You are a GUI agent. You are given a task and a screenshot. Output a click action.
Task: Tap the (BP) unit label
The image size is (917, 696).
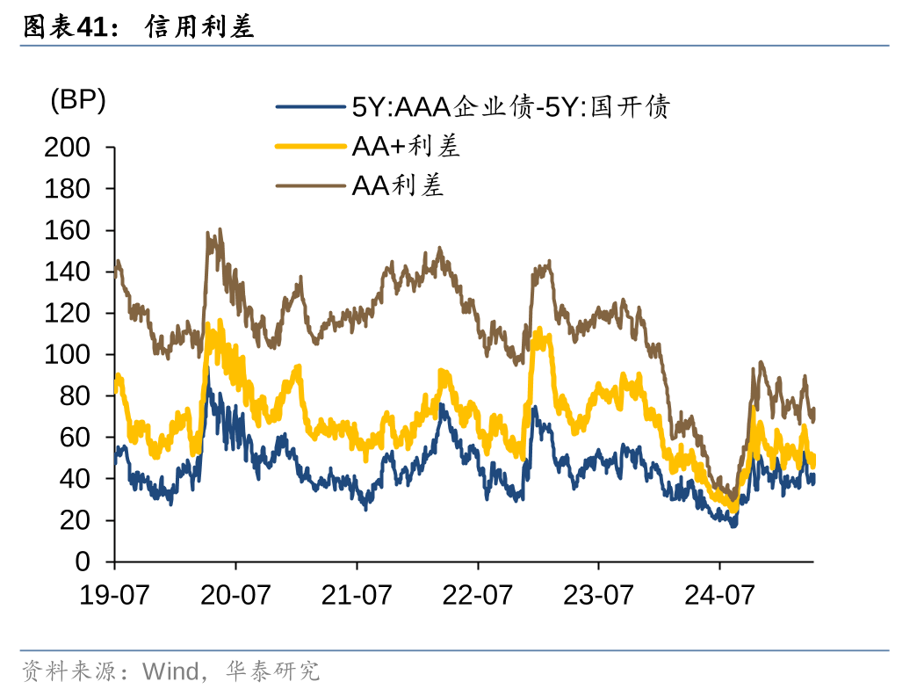[x=78, y=101]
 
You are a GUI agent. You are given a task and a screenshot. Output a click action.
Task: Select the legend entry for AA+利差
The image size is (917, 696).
[x=406, y=147]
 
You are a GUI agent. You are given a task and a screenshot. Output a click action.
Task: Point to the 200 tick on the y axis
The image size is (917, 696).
[x=68, y=148]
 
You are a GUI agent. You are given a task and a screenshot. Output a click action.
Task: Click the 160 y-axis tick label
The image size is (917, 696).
[x=68, y=230]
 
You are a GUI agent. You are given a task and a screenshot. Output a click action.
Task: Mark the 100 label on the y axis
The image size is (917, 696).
[x=68, y=355]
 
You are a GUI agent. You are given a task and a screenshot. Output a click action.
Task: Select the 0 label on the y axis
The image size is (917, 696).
[x=83, y=562]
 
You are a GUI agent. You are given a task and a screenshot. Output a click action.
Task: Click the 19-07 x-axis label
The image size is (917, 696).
[x=114, y=595]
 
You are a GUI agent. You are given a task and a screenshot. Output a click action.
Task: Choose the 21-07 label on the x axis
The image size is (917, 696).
[x=356, y=595]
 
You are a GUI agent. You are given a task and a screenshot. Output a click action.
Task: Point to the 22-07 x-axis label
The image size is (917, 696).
[x=476, y=595]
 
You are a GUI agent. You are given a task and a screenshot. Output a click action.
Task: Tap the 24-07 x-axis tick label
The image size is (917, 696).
[x=718, y=595]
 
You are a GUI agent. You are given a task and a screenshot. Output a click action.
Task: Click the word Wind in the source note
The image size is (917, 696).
[x=170, y=672]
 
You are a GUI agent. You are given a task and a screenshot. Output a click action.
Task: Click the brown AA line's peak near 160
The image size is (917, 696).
[x=219, y=231]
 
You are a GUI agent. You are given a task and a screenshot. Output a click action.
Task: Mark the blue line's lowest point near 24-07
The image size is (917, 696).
[x=733, y=525]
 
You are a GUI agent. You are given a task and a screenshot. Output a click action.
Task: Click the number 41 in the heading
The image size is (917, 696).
[x=91, y=27]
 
